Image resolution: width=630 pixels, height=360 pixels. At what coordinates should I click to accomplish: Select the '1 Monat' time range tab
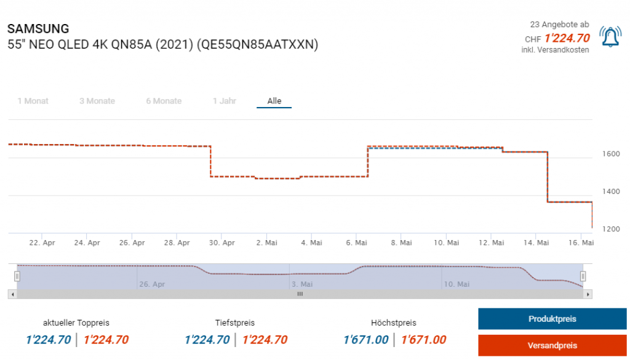(x=33, y=101)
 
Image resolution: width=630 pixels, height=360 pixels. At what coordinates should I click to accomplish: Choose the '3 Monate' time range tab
(x=97, y=101)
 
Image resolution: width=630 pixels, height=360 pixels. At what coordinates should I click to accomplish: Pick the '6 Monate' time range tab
(x=164, y=101)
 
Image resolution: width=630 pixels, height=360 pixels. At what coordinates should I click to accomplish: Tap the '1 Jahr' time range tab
(x=225, y=101)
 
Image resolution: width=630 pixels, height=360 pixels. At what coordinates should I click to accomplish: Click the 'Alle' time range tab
(x=274, y=101)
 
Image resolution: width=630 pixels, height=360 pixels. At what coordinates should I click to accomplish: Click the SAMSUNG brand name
(x=38, y=29)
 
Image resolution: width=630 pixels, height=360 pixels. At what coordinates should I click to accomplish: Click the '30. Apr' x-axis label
(x=221, y=243)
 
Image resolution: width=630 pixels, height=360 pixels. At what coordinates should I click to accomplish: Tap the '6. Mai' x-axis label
(x=357, y=243)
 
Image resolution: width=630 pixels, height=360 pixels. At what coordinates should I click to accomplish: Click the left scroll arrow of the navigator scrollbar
(x=11, y=294)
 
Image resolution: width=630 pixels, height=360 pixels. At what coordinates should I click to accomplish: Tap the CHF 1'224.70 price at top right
(x=567, y=38)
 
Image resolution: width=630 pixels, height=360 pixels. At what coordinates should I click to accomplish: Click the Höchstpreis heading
(x=394, y=322)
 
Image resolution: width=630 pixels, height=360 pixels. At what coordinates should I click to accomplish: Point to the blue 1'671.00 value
(x=366, y=340)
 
